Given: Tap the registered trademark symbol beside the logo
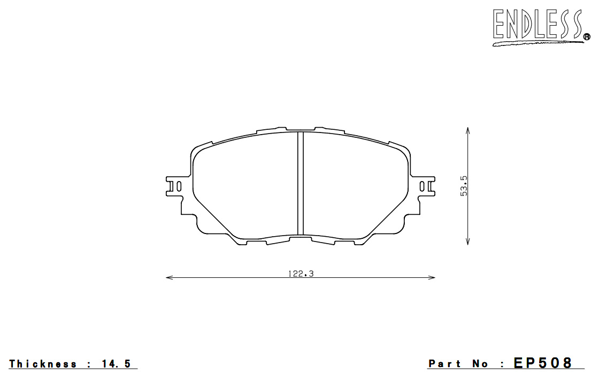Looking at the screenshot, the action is click(x=587, y=37).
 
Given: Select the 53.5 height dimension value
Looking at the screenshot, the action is click(x=464, y=186).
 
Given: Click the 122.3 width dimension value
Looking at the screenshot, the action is click(x=301, y=274).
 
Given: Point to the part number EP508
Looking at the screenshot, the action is click(x=543, y=363).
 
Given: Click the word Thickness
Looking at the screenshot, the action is click(x=43, y=364).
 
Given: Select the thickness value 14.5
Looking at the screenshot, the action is click(x=117, y=364).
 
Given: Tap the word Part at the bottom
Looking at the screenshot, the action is click(x=444, y=364).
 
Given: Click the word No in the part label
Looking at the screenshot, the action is click(x=480, y=364).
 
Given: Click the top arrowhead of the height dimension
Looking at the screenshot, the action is click(x=467, y=130).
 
